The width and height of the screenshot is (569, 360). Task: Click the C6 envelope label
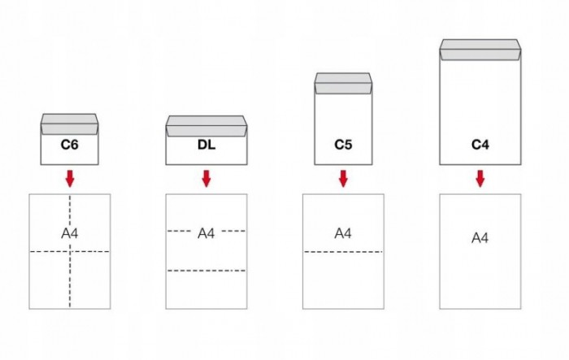click(69, 146)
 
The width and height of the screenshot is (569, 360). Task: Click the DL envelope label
click(206, 146)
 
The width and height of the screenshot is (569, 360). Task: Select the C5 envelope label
click(343, 146)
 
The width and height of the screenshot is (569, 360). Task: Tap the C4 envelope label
click(480, 146)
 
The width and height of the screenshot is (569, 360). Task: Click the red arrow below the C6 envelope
click(70, 178)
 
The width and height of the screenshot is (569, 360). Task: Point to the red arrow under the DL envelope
click(206, 178)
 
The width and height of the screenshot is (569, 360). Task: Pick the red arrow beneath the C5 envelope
click(343, 178)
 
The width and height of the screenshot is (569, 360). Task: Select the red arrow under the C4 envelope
click(480, 178)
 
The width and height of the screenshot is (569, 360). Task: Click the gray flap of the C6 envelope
click(69, 124)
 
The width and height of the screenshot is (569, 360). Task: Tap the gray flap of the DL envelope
click(206, 126)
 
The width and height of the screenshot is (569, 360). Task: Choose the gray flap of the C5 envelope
click(343, 82)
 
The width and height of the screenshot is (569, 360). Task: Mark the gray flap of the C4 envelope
click(480, 50)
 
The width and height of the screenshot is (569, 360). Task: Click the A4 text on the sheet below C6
click(70, 233)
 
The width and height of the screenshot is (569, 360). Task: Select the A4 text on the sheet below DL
click(206, 233)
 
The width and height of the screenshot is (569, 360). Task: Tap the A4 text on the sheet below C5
click(343, 233)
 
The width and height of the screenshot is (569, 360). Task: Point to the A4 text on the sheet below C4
click(480, 238)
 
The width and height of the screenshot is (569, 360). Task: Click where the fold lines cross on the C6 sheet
click(70, 252)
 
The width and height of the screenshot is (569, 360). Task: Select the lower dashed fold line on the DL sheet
click(206, 270)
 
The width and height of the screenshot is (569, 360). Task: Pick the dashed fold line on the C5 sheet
click(343, 252)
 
